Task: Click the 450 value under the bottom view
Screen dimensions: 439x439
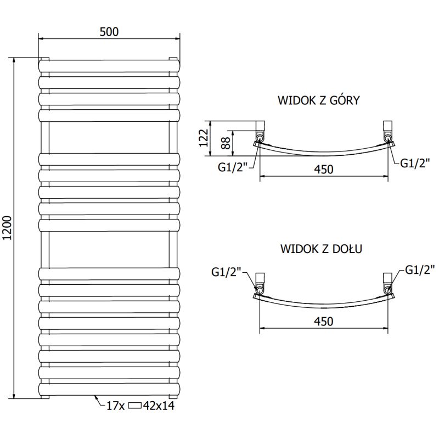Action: [324, 321]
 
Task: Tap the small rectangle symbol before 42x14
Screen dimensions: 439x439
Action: [135, 406]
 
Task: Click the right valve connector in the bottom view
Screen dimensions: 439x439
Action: [388, 283]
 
